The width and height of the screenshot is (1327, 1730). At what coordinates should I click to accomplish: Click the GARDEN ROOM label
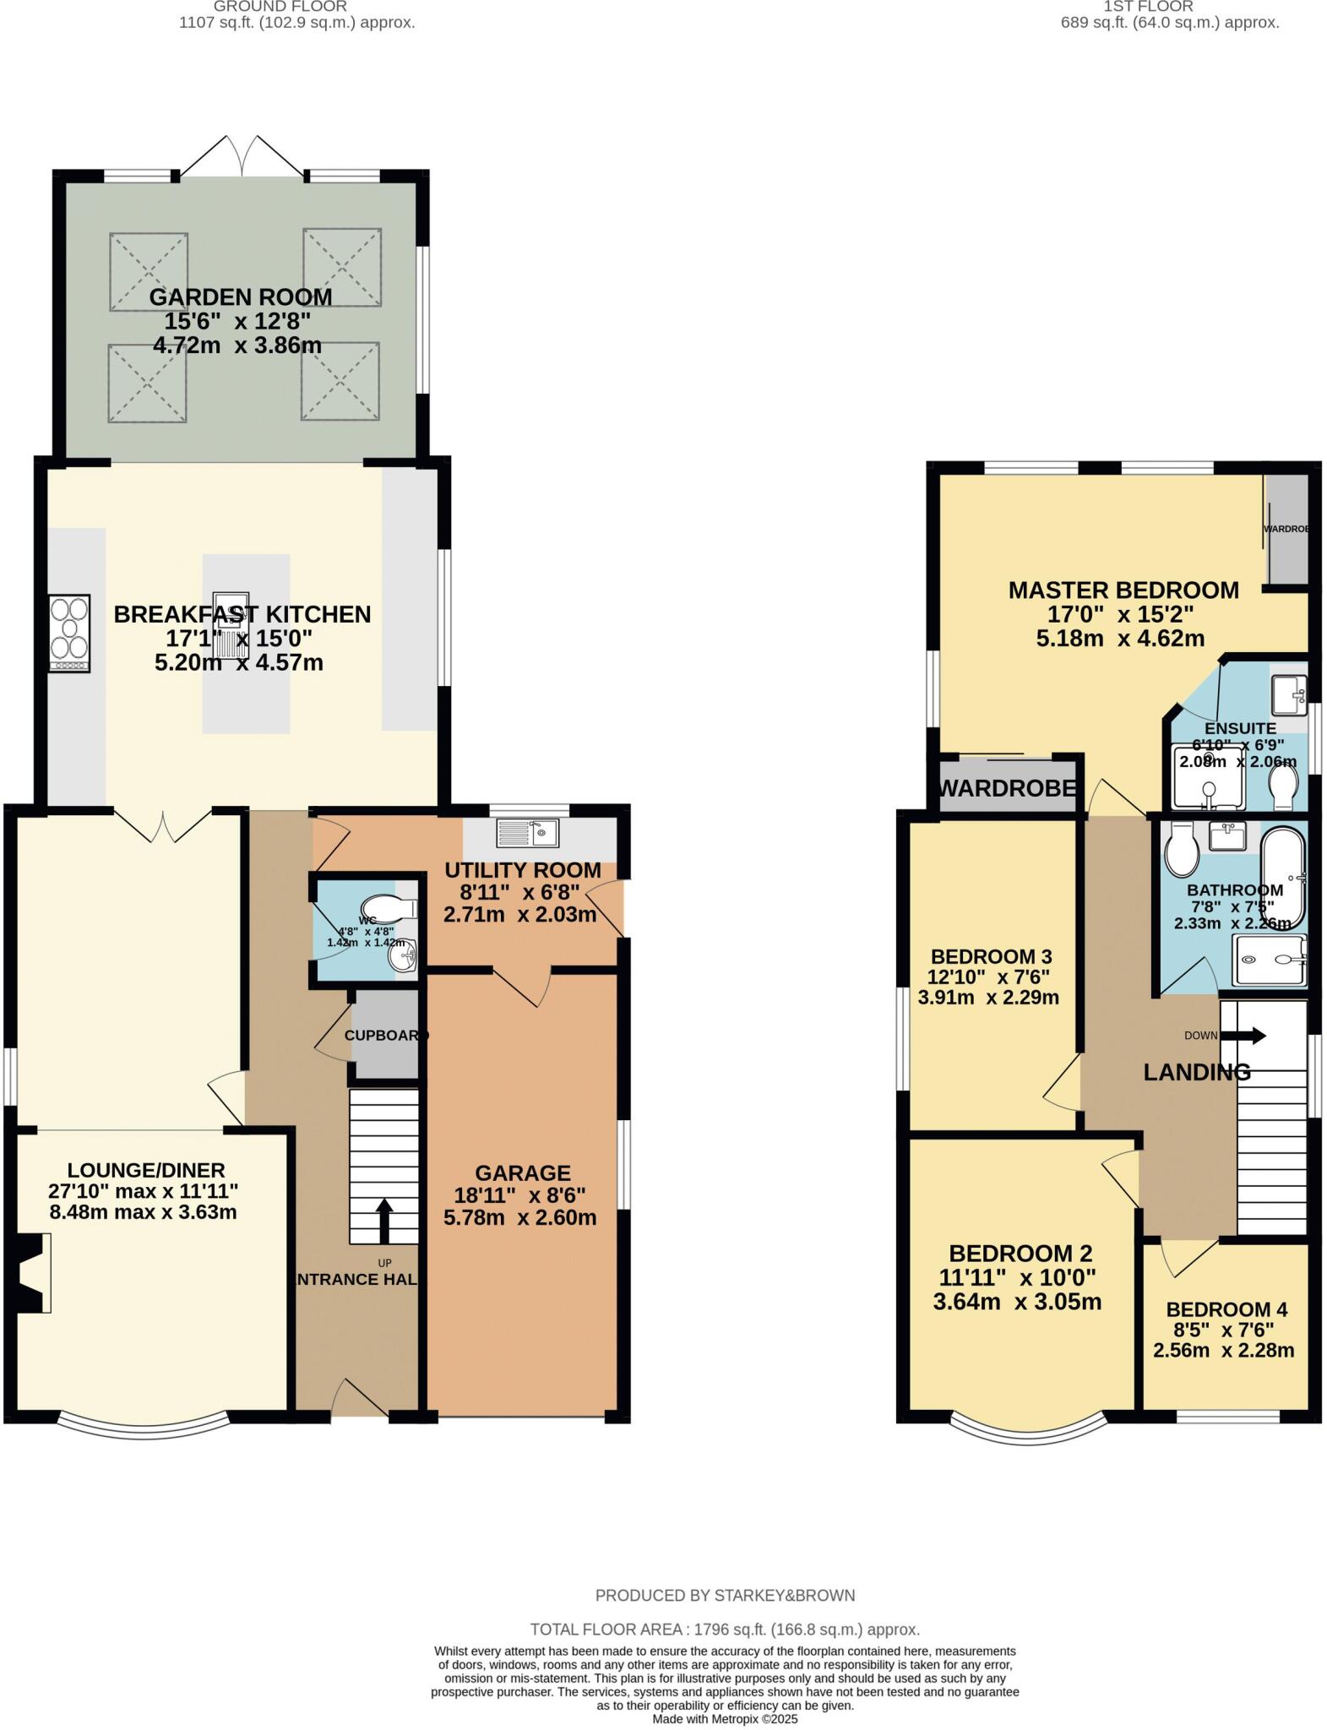click(241, 296)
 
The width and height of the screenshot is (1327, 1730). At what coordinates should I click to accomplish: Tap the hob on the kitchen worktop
click(70, 634)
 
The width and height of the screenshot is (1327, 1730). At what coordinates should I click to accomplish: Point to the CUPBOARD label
click(385, 1035)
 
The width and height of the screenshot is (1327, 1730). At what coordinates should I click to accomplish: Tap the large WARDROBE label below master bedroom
click(1008, 788)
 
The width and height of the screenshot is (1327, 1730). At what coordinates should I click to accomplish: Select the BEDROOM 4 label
click(1226, 1309)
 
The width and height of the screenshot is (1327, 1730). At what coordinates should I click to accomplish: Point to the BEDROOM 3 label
click(991, 956)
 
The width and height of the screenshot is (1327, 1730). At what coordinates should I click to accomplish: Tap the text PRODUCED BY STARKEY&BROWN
click(725, 1595)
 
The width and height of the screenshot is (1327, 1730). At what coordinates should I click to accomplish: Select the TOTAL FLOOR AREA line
click(725, 1629)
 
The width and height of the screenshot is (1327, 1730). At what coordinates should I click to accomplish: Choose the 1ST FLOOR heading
click(1171, 7)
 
